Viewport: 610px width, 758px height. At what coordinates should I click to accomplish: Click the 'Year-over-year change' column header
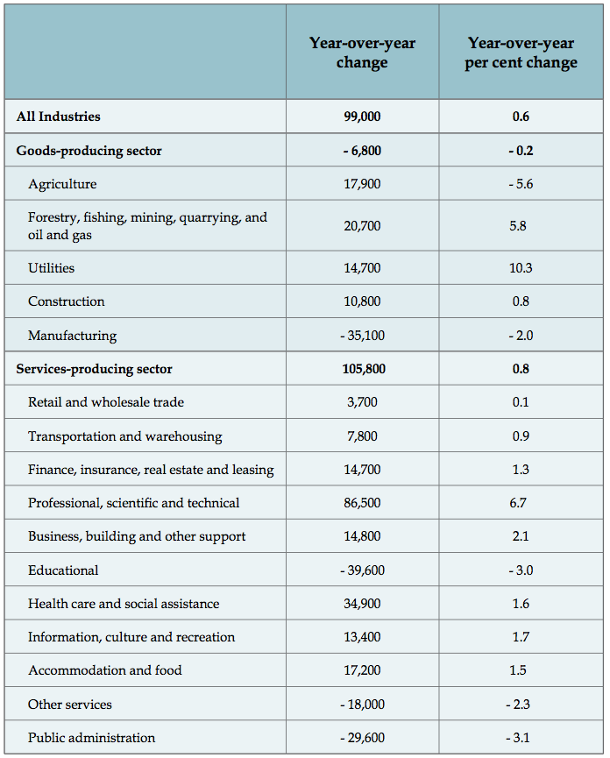[362, 53]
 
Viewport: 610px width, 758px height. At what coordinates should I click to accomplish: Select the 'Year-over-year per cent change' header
[521, 53]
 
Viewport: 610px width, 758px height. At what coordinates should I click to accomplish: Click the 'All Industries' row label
[58, 117]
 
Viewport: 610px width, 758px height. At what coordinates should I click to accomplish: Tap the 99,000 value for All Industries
[362, 117]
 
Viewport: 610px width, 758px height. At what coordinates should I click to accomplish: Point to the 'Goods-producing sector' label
[89, 151]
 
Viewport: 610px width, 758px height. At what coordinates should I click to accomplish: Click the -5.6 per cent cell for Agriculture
[521, 184]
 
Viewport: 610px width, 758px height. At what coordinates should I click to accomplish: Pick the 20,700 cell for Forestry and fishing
[362, 226]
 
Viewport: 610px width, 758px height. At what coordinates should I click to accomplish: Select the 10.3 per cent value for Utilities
[521, 268]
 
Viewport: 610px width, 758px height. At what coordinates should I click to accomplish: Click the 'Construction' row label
[66, 301]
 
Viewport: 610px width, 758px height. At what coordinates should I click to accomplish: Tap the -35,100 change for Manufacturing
[362, 336]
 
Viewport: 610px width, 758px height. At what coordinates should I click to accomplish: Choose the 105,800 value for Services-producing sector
[362, 369]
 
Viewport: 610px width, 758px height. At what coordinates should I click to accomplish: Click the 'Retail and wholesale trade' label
[105, 402]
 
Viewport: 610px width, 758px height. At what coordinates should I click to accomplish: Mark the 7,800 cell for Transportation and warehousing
[362, 436]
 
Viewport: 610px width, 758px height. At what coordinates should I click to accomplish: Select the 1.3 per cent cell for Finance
[521, 470]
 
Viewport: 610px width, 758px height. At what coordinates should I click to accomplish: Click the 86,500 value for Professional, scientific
[362, 503]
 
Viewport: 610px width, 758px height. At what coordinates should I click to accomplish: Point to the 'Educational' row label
[63, 570]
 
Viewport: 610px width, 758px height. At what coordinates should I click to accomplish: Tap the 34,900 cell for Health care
[362, 604]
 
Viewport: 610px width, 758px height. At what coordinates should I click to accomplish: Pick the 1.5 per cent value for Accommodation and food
[521, 670]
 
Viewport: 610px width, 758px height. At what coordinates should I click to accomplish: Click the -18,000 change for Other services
[362, 705]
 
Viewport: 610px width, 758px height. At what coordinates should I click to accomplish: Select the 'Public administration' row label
[91, 738]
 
